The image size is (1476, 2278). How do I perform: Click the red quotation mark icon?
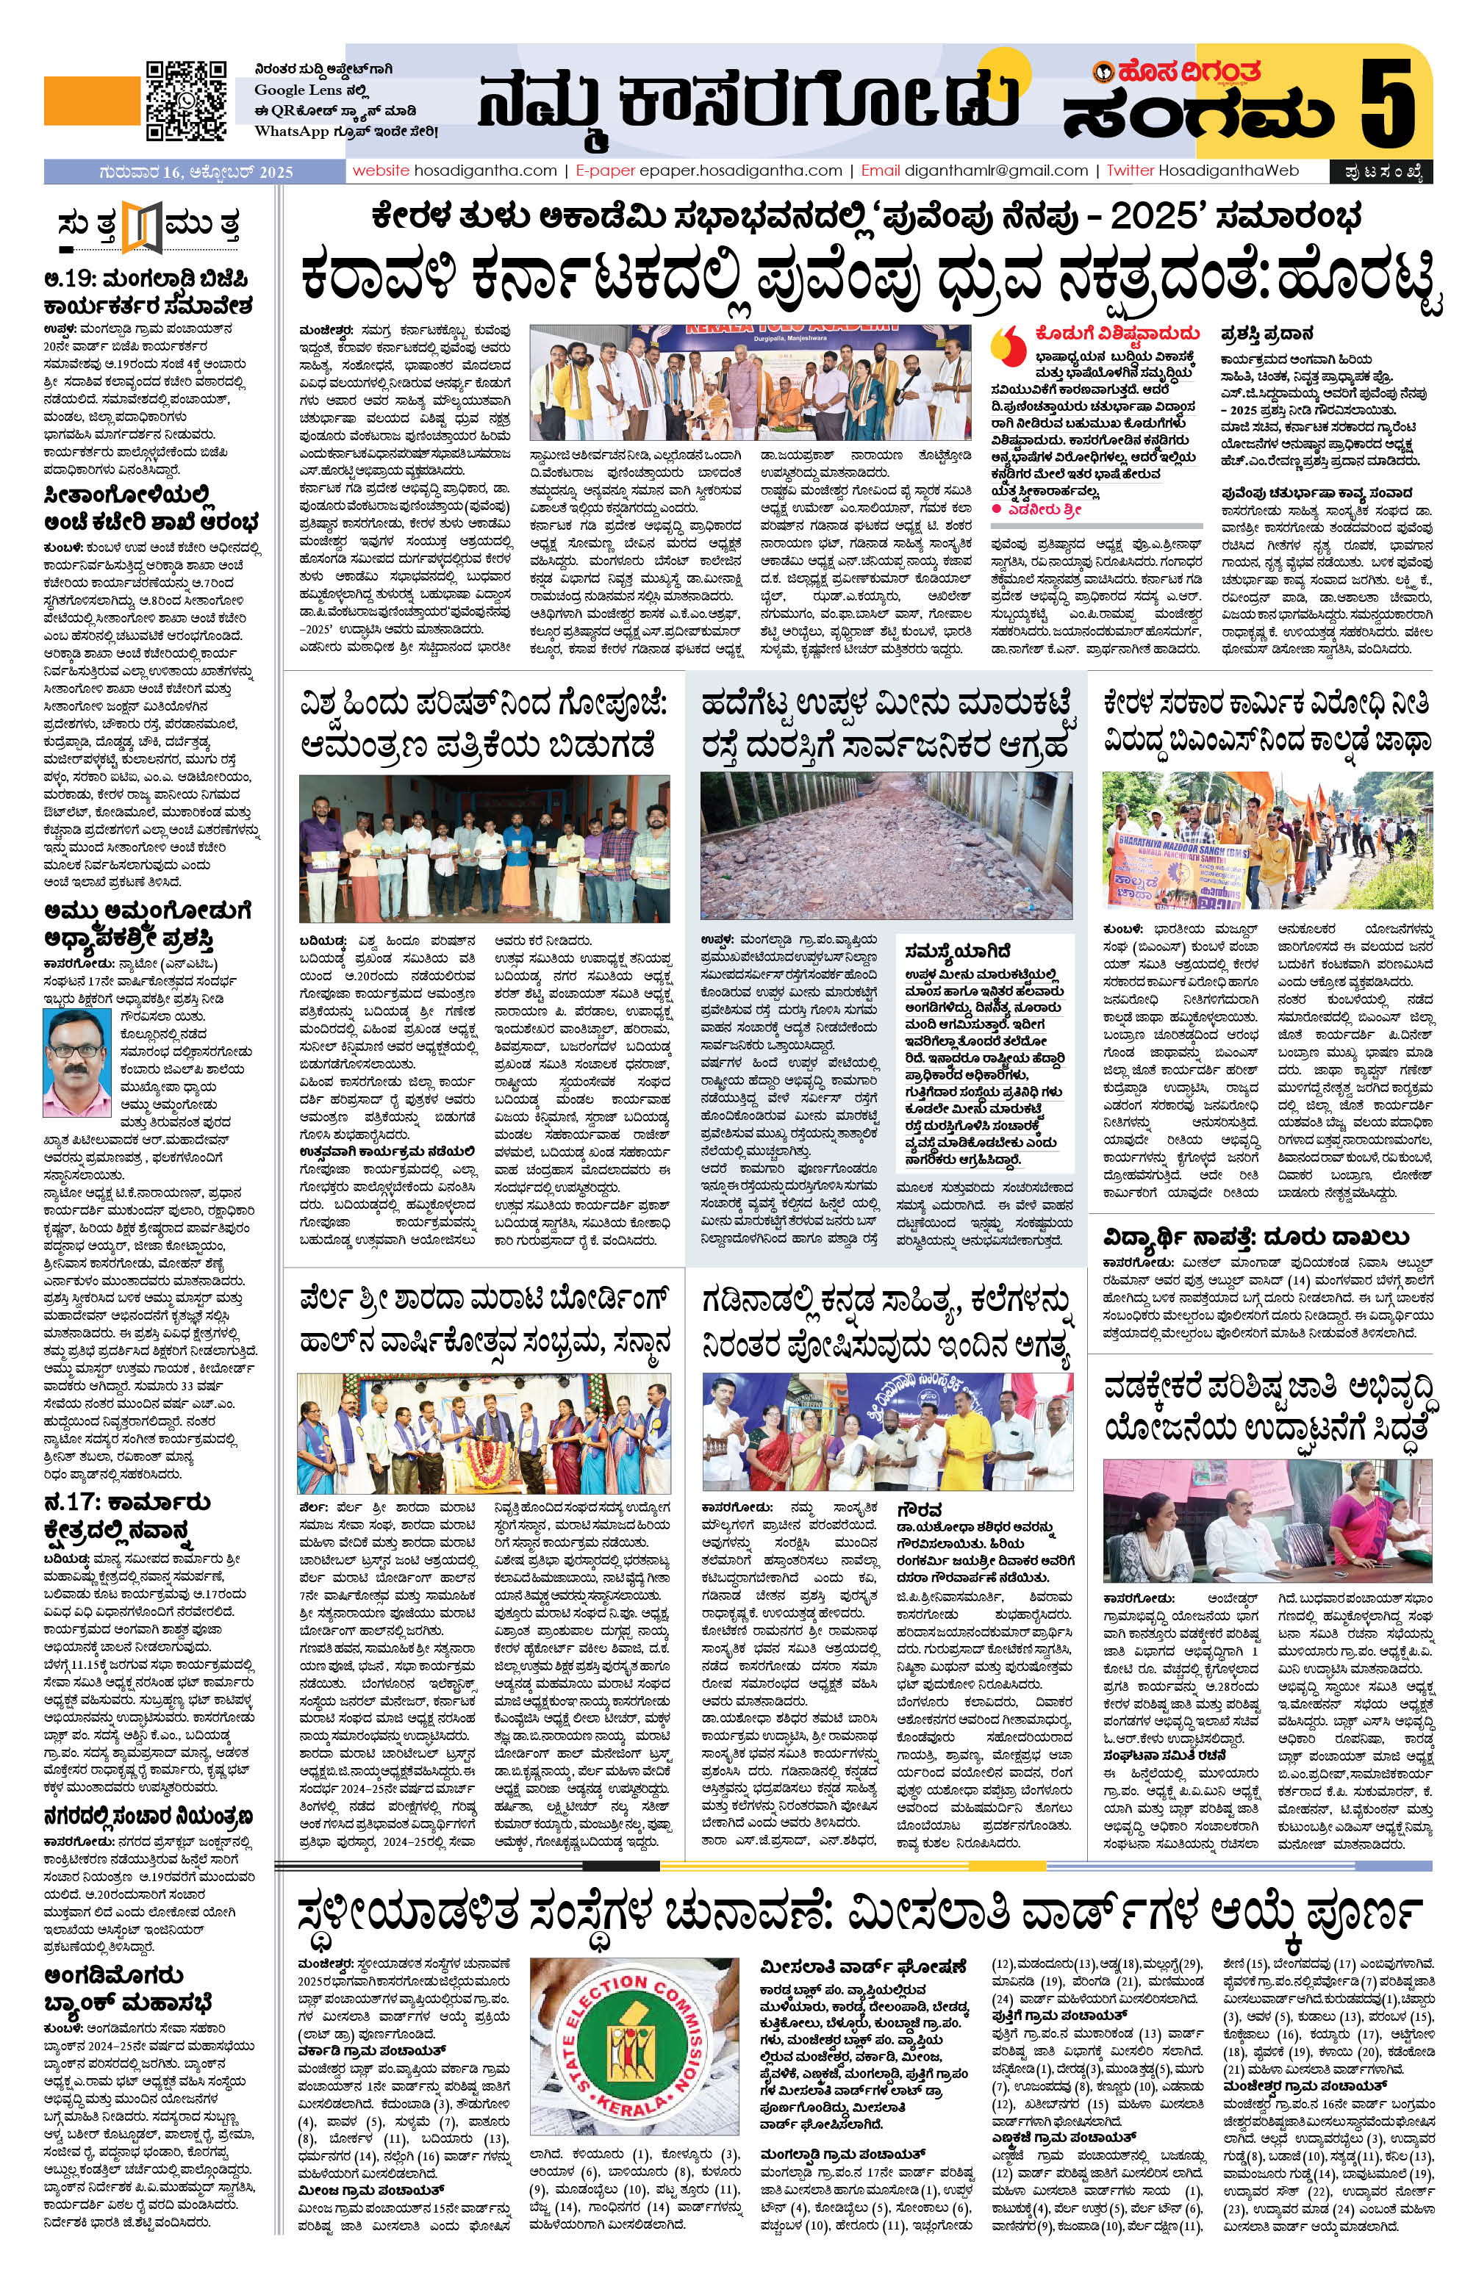[1004, 339]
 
